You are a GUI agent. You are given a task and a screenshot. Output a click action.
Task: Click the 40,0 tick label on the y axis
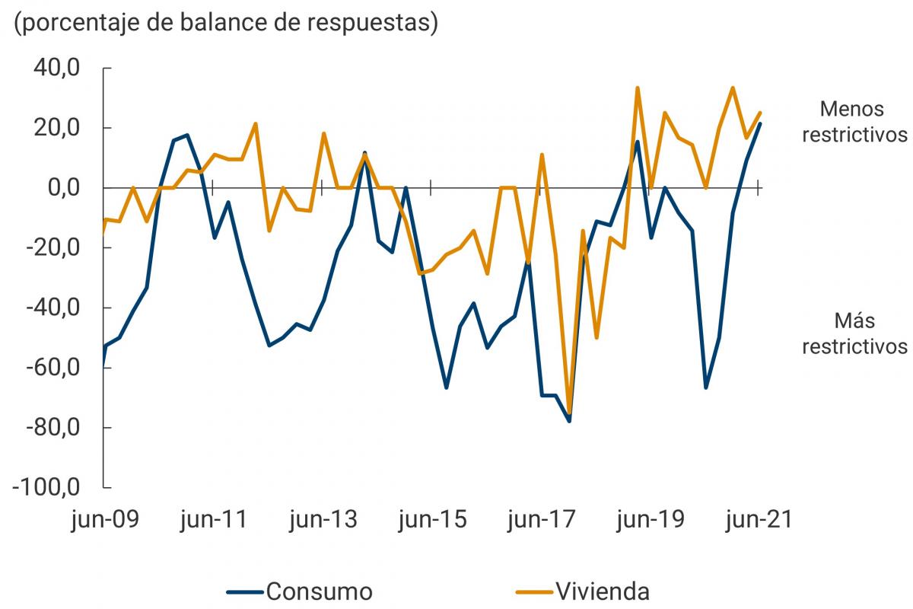click(58, 68)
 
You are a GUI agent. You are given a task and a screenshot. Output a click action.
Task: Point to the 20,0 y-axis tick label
click(58, 128)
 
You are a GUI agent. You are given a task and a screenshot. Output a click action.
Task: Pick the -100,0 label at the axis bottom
click(47, 487)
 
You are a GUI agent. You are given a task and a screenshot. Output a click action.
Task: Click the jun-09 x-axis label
click(104, 521)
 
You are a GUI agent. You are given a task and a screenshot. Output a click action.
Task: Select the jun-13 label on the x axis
click(322, 521)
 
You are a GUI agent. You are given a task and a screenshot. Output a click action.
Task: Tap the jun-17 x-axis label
click(539, 521)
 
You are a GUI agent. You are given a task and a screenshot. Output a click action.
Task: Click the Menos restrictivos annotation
click(855, 121)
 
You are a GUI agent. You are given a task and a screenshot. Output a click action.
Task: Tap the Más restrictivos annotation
click(855, 333)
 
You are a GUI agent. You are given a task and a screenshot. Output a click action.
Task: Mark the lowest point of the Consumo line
click(569, 421)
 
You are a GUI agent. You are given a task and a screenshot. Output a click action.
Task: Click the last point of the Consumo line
click(759, 123)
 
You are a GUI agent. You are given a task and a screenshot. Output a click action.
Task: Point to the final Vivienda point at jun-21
click(759, 113)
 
